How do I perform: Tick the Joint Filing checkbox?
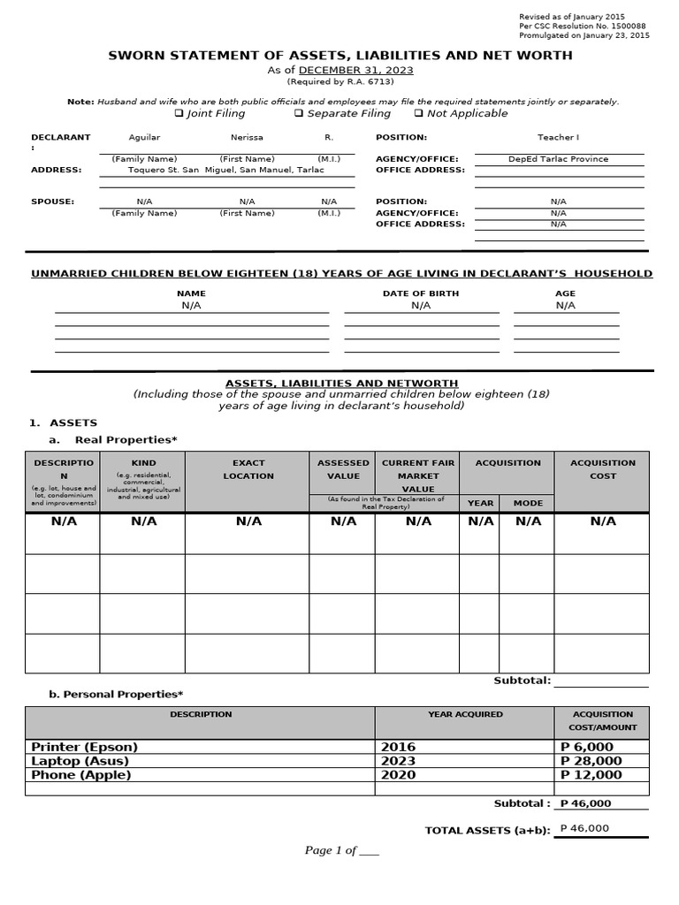179,114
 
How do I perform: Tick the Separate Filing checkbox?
299,114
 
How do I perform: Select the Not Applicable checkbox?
418,114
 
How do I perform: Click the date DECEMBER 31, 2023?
356,71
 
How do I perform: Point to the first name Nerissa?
247,138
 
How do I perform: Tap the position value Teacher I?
558,138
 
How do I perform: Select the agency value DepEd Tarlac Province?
558,160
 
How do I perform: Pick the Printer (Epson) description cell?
85,747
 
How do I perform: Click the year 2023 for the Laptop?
398,761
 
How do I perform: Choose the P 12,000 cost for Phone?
591,775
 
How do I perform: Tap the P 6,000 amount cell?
588,747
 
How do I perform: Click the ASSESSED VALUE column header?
343,469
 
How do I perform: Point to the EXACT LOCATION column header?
248,469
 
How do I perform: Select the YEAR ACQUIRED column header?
465,714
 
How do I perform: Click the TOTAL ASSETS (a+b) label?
487,831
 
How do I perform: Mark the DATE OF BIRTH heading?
421,293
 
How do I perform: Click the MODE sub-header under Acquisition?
528,503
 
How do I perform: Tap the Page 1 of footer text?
341,851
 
